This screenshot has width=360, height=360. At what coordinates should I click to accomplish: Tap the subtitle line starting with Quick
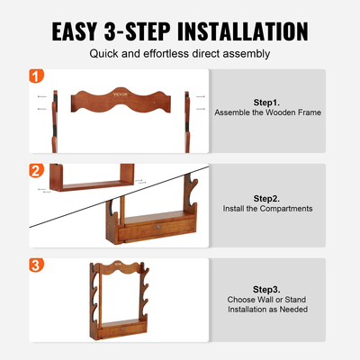point(179,53)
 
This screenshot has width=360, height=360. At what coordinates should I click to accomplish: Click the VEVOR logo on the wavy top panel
point(120,93)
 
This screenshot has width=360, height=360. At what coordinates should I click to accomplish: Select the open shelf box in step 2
point(91,181)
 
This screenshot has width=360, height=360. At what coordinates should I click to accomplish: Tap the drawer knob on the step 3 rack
point(121,329)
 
